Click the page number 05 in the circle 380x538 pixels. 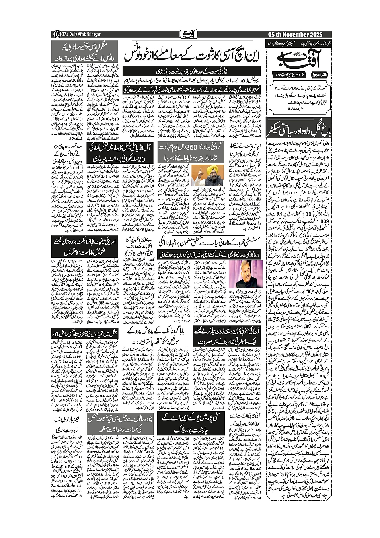(56, 35)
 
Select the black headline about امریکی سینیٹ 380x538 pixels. (84, 246)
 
